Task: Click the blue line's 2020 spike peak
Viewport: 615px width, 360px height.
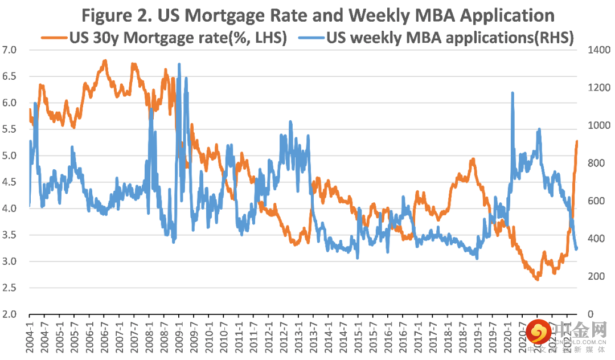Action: tap(512, 92)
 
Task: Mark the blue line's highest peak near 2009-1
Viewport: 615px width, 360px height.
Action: tap(179, 64)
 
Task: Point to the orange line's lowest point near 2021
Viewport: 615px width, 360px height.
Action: tap(537, 279)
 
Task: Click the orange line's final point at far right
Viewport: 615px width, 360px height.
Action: tap(577, 141)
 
